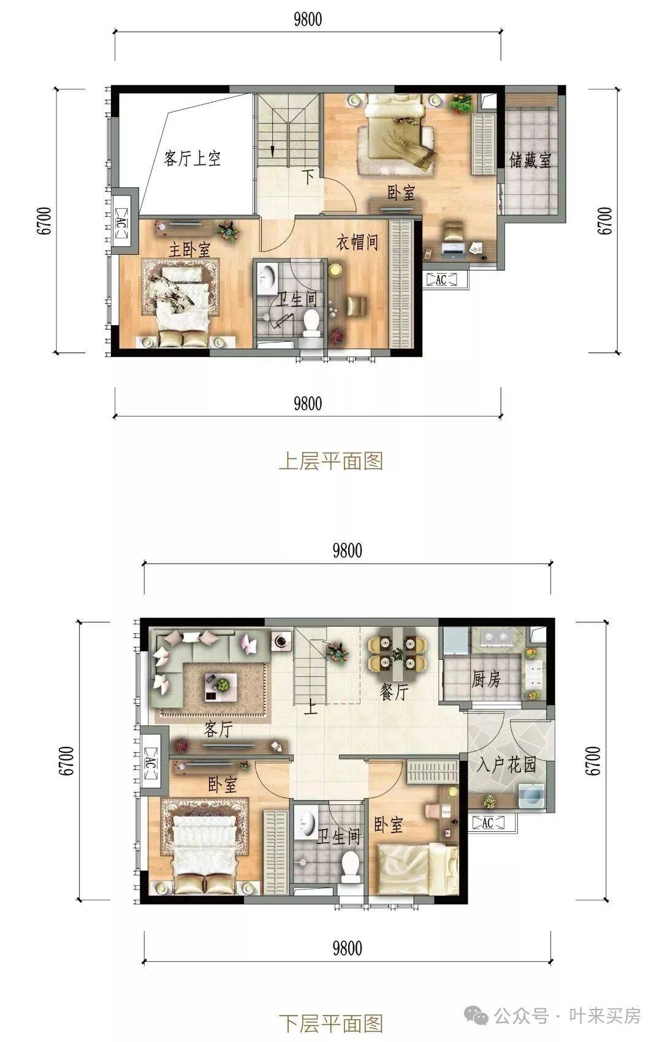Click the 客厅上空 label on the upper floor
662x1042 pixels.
[192, 158]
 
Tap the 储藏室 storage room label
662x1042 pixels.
[530, 160]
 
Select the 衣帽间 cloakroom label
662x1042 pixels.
[357, 243]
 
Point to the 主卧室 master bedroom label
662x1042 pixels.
[189, 249]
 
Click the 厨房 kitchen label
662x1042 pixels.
[486, 679]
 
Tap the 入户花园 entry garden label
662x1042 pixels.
[506, 765]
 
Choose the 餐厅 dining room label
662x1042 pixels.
[394, 692]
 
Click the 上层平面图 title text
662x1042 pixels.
[330, 461]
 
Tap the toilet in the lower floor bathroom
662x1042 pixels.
[349, 865]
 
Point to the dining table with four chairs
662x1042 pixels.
[397, 654]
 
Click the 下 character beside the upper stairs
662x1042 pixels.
[308, 177]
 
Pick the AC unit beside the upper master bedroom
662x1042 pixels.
[121, 222]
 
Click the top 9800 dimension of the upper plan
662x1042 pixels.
[308, 19]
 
